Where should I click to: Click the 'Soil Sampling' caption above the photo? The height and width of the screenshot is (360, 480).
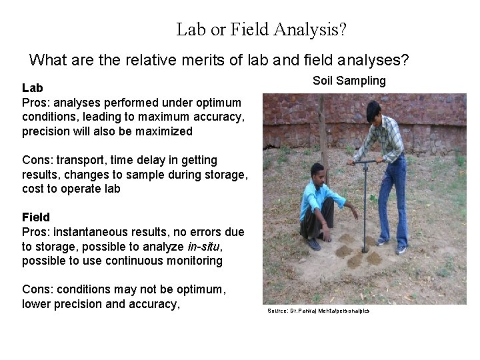349,81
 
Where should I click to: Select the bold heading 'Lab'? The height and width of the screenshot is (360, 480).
33,87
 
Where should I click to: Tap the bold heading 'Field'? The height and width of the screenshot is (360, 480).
36,217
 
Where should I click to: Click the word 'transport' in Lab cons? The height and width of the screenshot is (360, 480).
79,160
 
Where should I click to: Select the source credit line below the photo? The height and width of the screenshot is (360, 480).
318,311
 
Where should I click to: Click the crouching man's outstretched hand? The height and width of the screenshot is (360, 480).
355,215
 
